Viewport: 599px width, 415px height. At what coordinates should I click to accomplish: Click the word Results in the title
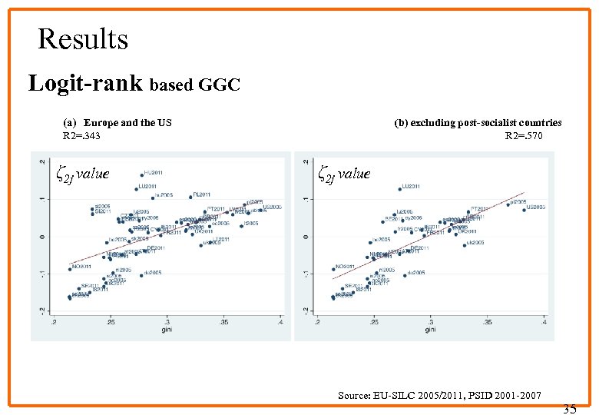(83, 38)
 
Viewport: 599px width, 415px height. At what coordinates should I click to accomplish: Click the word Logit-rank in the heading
(85, 83)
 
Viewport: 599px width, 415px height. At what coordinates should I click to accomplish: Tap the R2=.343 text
(81, 136)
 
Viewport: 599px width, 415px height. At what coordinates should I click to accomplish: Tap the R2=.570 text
(524, 136)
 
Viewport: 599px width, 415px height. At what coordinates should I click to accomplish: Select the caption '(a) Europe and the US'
(117, 123)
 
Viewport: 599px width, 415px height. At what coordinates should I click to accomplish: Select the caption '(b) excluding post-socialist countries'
(478, 123)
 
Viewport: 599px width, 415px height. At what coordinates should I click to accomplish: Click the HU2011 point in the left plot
(142, 174)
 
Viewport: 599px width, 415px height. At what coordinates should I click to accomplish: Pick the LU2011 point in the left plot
(137, 188)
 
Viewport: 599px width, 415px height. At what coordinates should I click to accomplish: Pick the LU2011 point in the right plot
(400, 188)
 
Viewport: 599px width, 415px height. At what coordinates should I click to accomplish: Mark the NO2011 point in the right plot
(334, 268)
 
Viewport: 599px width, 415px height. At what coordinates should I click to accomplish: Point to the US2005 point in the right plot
(525, 208)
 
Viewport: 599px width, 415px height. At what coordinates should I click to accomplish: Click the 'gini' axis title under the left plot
(167, 330)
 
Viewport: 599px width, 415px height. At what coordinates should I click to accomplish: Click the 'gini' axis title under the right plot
(430, 330)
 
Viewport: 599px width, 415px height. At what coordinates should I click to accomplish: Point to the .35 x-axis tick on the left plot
(224, 322)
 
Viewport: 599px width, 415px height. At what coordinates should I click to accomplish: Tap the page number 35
(569, 408)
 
